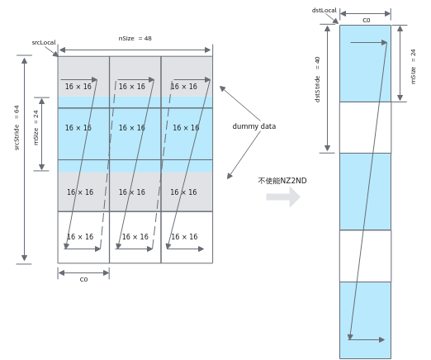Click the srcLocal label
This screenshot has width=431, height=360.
coord(44,42)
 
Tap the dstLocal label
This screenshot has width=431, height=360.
coord(324,10)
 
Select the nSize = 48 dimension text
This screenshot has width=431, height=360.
coord(135,38)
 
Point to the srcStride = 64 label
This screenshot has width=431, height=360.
coord(17,128)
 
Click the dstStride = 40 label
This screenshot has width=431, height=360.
coord(317,79)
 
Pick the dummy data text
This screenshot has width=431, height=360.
coord(254,126)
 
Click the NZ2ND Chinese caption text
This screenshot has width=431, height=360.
coord(282,181)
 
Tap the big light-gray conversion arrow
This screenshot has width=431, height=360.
coord(283,197)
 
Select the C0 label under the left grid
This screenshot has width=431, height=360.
coord(83,279)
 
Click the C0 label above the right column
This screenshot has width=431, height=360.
coord(367,20)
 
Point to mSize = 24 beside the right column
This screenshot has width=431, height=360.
coord(413,67)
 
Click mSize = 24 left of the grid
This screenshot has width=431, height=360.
coord(36,128)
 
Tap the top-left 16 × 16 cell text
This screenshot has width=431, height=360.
coord(78,87)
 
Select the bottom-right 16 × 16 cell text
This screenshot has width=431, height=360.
coord(184,237)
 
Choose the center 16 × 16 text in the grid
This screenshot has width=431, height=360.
coord(132,128)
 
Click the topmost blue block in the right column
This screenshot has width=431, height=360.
coord(365,64)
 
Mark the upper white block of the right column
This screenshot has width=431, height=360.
coord(365,127)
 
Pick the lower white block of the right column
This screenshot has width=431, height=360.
coord(365,256)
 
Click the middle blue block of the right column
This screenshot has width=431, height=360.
coord(365,192)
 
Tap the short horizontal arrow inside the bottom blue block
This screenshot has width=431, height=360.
coord(367,339)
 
